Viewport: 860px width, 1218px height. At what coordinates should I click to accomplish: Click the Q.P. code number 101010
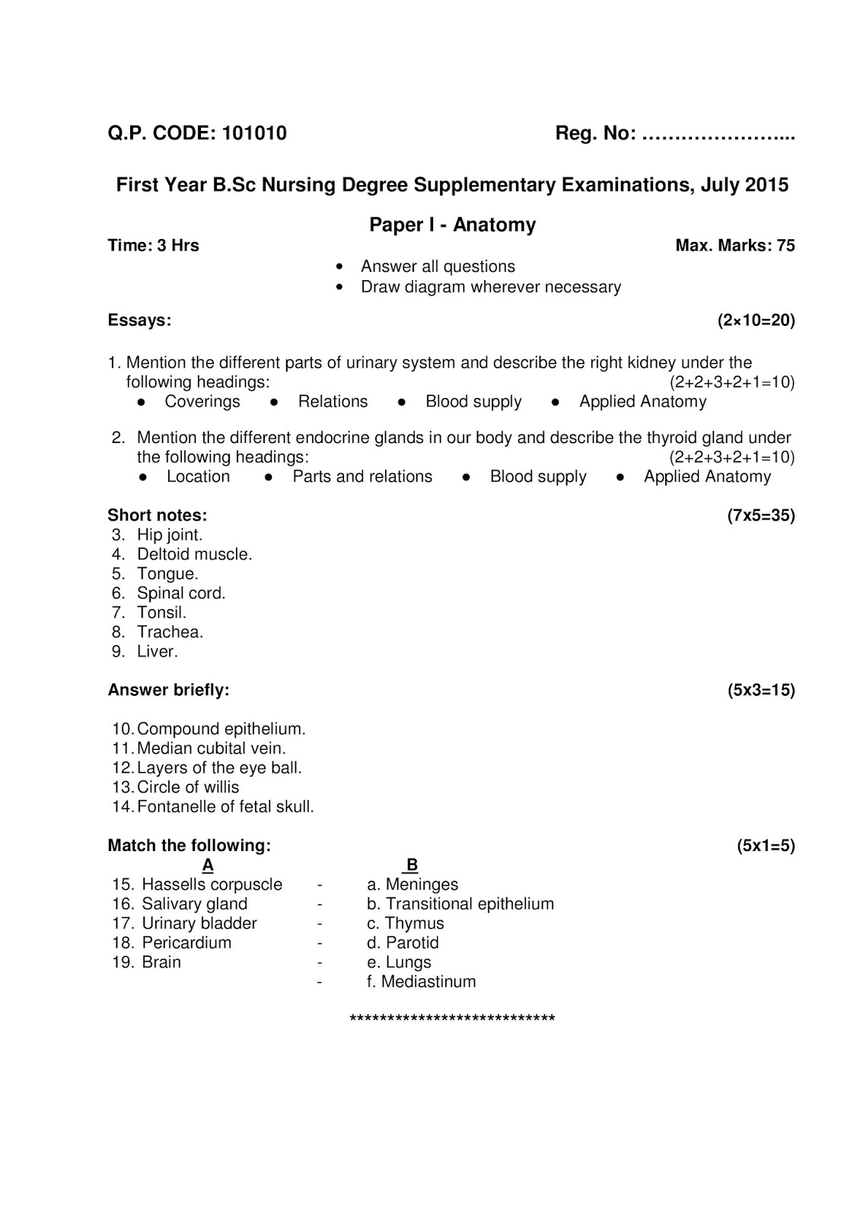pyautogui.click(x=254, y=133)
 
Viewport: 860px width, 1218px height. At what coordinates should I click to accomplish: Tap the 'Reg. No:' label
pyautogui.click(x=595, y=133)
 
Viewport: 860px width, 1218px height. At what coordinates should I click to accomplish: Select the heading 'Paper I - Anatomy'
pyautogui.click(x=452, y=225)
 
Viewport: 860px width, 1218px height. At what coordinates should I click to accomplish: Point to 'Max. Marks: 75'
pyautogui.click(x=734, y=245)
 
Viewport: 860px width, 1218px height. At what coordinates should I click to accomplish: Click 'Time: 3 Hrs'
pyautogui.click(x=153, y=245)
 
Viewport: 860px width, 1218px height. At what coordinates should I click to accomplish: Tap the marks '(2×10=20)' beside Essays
pyautogui.click(x=756, y=320)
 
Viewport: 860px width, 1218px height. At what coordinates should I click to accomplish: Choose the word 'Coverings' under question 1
pyautogui.click(x=202, y=402)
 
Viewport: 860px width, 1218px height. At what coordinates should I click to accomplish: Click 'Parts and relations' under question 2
pyautogui.click(x=362, y=477)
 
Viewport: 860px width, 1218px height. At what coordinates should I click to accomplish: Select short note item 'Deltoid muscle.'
pyautogui.click(x=194, y=554)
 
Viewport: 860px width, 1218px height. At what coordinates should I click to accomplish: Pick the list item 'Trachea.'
pyautogui.click(x=170, y=632)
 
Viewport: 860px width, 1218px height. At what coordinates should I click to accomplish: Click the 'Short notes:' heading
pyautogui.click(x=157, y=515)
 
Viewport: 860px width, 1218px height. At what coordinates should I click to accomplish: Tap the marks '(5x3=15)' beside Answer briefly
pyautogui.click(x=760, y=690)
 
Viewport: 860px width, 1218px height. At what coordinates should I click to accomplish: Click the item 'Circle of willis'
pyautogui.click(x=187, y=787)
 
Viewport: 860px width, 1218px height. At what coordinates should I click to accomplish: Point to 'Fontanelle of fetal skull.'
pyautogui.click(x=225, y=807)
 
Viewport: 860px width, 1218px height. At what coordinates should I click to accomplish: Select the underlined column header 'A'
pyautogui.click(x=208, y=866)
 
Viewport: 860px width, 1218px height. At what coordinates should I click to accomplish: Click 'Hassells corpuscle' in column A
pyautogui.click(x=212, y=885)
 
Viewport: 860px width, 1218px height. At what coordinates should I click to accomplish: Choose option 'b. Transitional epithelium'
pyautogui.click(x=460, y=904)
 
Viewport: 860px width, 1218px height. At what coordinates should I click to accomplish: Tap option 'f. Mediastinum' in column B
pyautogui.click(x=421, y=982)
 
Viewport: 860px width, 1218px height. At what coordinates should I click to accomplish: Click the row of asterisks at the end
pyautogui.click(x=452, y=1019)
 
